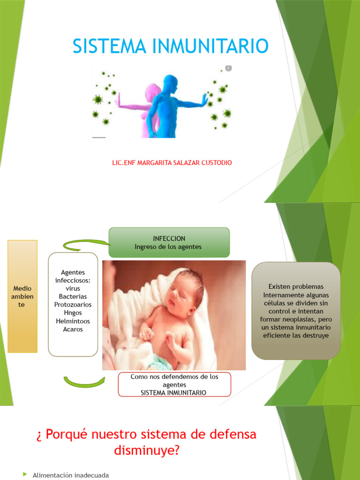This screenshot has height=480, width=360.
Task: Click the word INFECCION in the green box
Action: click(x=169, y=239)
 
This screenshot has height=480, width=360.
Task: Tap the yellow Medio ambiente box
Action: click(x=22, y=296)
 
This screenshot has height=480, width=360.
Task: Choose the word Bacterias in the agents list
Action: click(x=73, y=297)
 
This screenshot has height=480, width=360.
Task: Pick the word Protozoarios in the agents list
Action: click(x=73, y=305)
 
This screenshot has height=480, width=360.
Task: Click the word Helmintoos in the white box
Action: click(x=73, y=321)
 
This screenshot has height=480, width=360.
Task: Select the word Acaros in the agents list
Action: click(x=73, y=330)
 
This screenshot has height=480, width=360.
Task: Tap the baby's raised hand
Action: click(x=147, y=334)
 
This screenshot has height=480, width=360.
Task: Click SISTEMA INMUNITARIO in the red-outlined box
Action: click(x=173, y=393)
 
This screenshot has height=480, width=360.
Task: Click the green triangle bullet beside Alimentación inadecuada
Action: click(x=25, y=475)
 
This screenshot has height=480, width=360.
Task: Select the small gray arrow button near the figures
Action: click(x=228, y=68)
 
